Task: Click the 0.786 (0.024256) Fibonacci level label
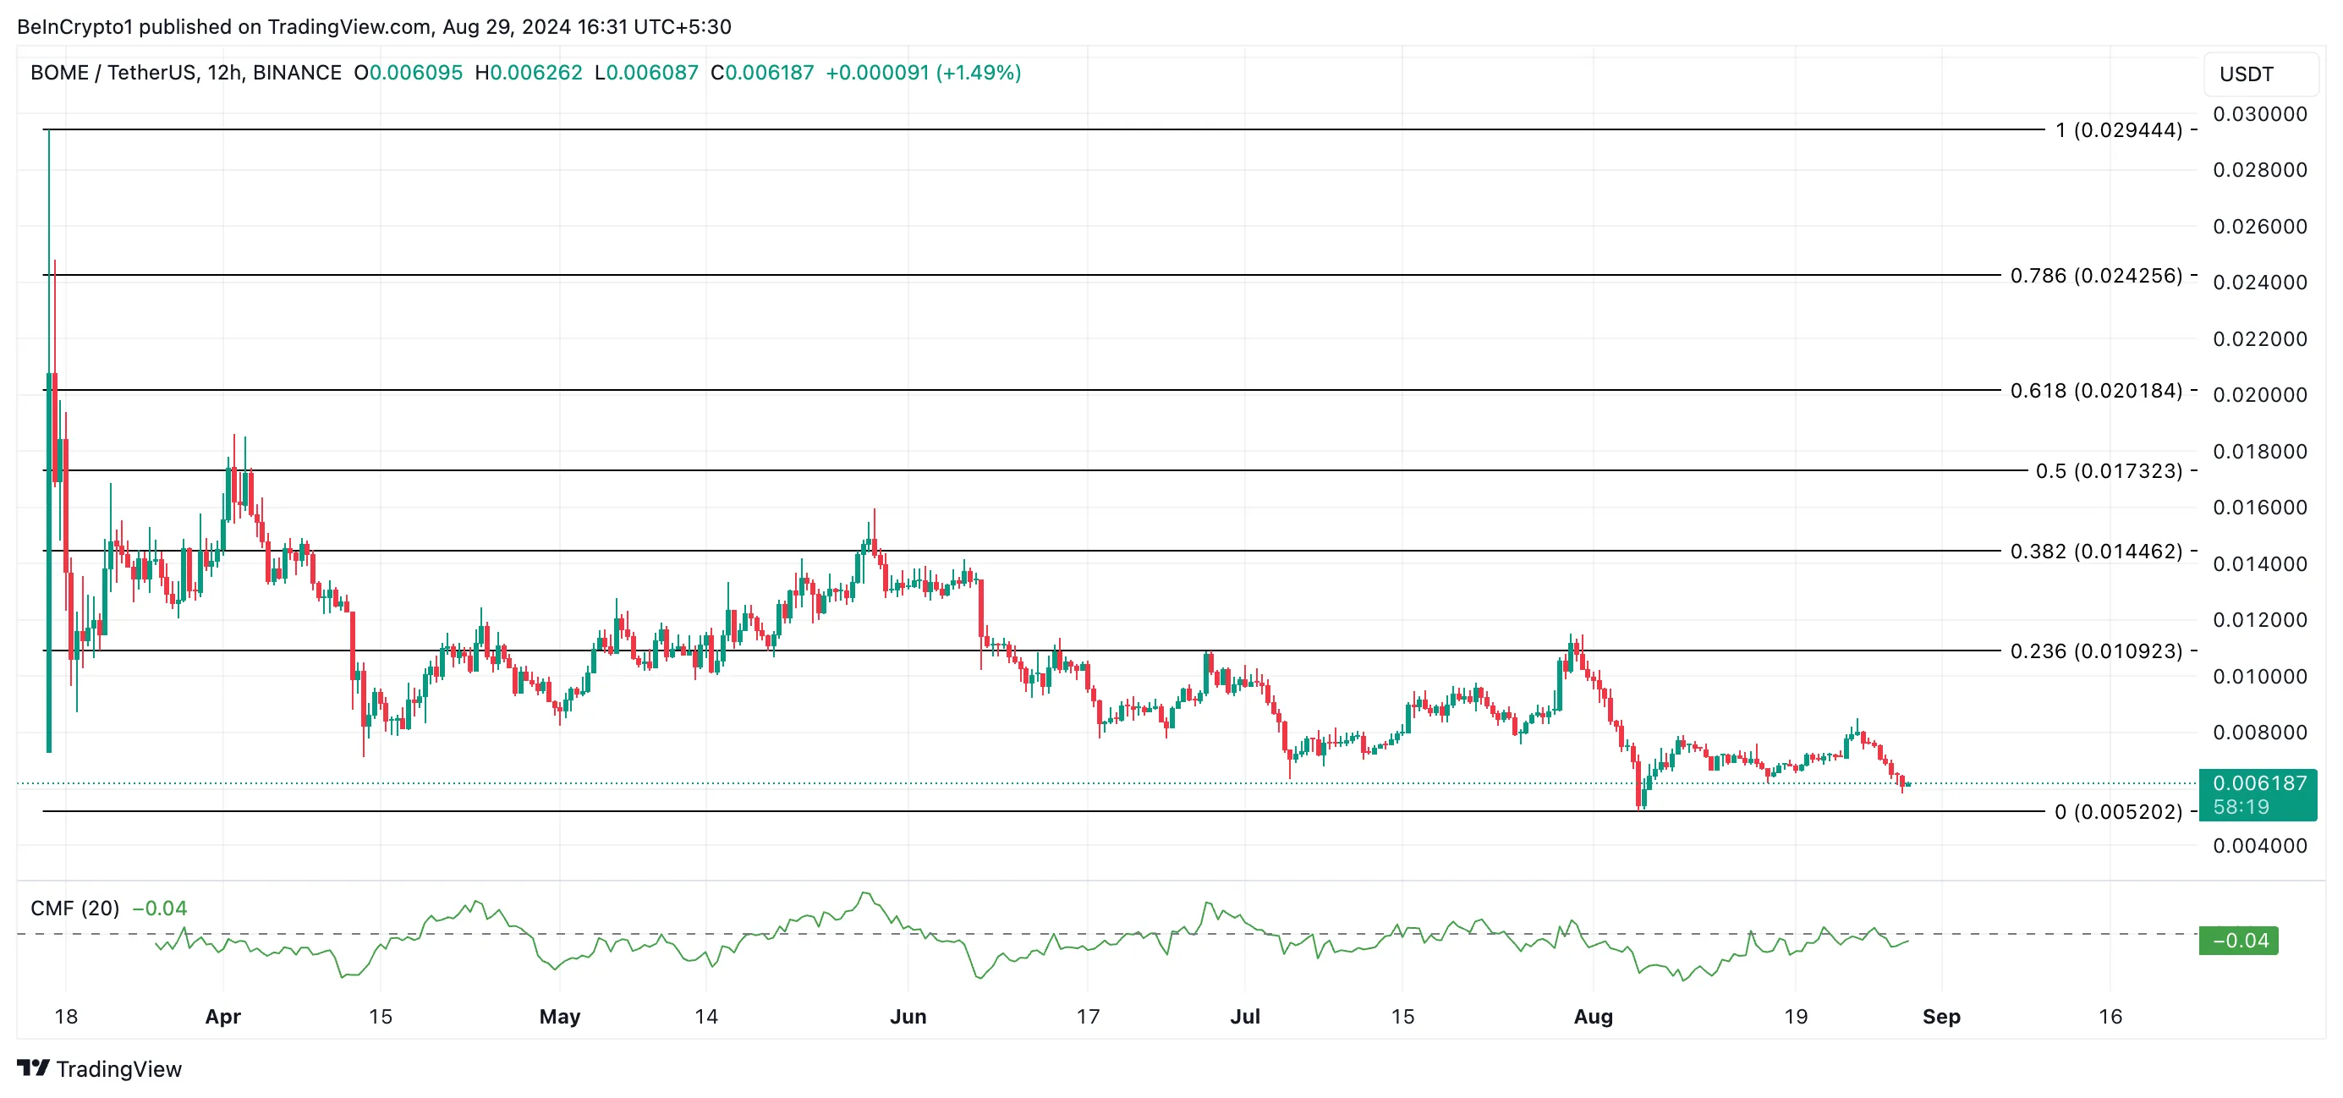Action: pyautogui.click(x=2096, y=275)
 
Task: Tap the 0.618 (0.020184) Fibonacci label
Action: pyautogui.click(x=2096, y=390)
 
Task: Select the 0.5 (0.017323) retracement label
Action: pyautogui.click(x=2109, y=470)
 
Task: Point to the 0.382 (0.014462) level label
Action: pyautogui.click(x=2096, y=552)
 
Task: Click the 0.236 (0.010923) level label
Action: pyautogui.click(x=2096, y=651)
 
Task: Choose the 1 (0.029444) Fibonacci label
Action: pyautogui.click(x=2118, y=130)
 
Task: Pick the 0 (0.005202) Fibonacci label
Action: pyautogui.click(x=2118, y=811)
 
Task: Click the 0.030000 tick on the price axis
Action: pyautogui.click(x=2259, y=114)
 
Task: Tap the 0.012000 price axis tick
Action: pyautogui.click(x=2259, y=620)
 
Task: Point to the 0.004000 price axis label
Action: pyautogui.click(x=2259, y=846)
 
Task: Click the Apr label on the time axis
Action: pyautogui.click(x=222, y=1016)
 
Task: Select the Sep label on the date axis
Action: pyautogui.click(x=1941, y=1016)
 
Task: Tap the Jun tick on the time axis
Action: pyautogui.click(x=908, y=1016)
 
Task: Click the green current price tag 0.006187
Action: pyautogui.click(x=2258, y=784)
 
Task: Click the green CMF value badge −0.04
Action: pyautogui.click(x=2238, y=941)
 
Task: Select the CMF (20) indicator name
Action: pyautogui.click(x=74, y=908)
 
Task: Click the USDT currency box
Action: pyautogui.click(x=2247, y=74)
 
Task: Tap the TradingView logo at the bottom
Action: pyautogui.click(x=99, y=1069)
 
